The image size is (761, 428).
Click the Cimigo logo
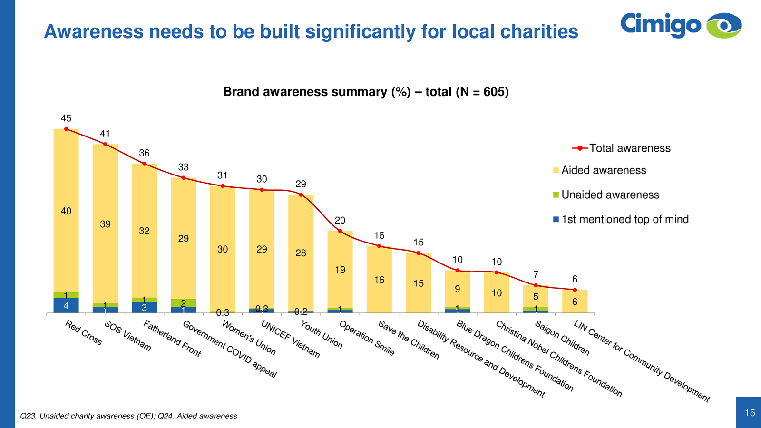(681, 25)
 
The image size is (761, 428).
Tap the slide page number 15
(750, 413)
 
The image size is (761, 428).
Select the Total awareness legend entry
(621, 148)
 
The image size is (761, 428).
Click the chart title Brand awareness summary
(365, 92)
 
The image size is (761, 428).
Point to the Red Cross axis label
(84, 332)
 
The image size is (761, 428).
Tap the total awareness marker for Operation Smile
(340, 231)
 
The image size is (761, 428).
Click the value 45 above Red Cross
(66, 118)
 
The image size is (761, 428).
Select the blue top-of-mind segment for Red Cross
(66, 306)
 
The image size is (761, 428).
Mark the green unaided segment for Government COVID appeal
(184, 303)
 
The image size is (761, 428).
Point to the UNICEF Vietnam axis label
(290, 338)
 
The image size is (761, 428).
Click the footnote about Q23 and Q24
(128, 416)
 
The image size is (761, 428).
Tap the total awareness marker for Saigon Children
(536, 285)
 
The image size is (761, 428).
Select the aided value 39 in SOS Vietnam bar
(105, 224)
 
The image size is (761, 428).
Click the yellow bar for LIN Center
(575, 302)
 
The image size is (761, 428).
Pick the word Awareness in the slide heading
(93, 32)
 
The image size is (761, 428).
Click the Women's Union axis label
(249, 338)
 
